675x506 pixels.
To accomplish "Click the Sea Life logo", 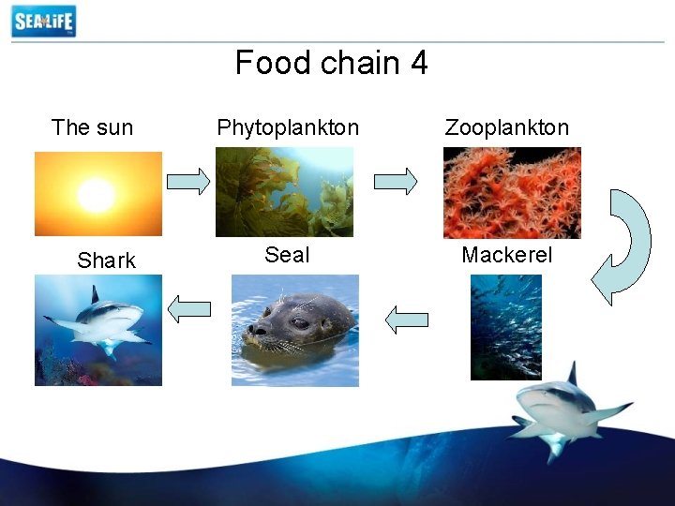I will click(x=43, y=21).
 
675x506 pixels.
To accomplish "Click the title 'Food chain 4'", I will click(x=331, y=63).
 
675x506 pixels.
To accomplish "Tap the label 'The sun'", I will click(x=92, y=127).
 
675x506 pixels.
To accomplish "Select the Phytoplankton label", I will click(x=288, y=127).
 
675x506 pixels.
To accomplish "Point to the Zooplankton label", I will click(x=506, y=127).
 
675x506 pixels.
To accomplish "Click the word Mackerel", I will click(x=506, y=255).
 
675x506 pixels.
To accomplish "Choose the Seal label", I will click(x=287, y=255).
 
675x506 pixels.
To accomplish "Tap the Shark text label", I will click(x=106, y=260).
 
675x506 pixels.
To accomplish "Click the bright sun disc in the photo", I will click(x=96, y=194).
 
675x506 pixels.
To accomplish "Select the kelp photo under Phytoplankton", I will click(x=284, y=192).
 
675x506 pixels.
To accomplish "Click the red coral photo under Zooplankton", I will click(x=511, y=192).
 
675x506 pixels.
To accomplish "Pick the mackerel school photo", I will click(x=505, y=327).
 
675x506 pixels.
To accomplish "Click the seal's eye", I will click(x=299, y=323).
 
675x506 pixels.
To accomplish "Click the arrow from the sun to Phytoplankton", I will click(x=188, y=181).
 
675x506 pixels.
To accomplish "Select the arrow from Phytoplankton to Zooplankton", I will click(x=397, y=181).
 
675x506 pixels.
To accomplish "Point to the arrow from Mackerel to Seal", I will click(x=407, y=320).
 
